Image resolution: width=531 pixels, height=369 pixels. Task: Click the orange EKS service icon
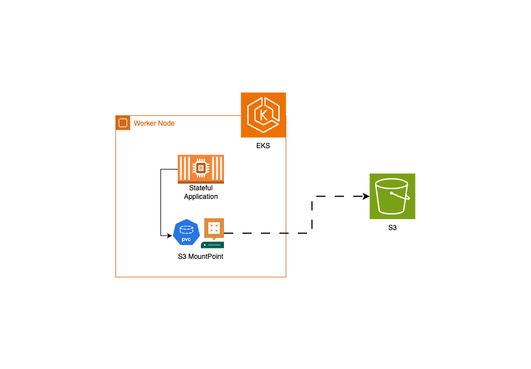click(x=263, y=115)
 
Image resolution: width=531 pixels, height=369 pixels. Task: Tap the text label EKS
click(x=263, y=146)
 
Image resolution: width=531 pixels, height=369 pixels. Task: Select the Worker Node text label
click(x=154, y=123)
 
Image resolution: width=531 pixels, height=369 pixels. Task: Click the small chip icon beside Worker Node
click(x=122, y=123)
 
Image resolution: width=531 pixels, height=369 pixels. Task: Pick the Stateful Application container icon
click(x=201, y=169)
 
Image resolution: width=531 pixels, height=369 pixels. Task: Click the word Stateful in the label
click(x=201, y=188)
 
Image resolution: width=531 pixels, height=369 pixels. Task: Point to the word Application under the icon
click(x=201, y=197)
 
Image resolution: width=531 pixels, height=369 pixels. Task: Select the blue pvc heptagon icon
click(x=186, y=231)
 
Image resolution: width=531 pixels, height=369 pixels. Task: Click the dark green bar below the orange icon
click(x=212, y=245)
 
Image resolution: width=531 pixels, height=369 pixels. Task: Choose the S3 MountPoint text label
click(x=200, y=257)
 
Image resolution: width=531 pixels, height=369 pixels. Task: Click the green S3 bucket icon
click(x=392, y=196)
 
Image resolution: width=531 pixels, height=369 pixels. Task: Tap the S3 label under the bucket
click(x=392, y=228)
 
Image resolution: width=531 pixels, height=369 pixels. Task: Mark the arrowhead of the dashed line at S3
click(x=366, y=197)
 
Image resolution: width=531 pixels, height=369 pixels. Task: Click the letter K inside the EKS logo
click(x=264, y=115)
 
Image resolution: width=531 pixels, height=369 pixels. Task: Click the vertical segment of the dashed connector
click(x=312, y=215)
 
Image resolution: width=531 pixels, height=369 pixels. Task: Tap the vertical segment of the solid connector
click(x=160, y=202)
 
